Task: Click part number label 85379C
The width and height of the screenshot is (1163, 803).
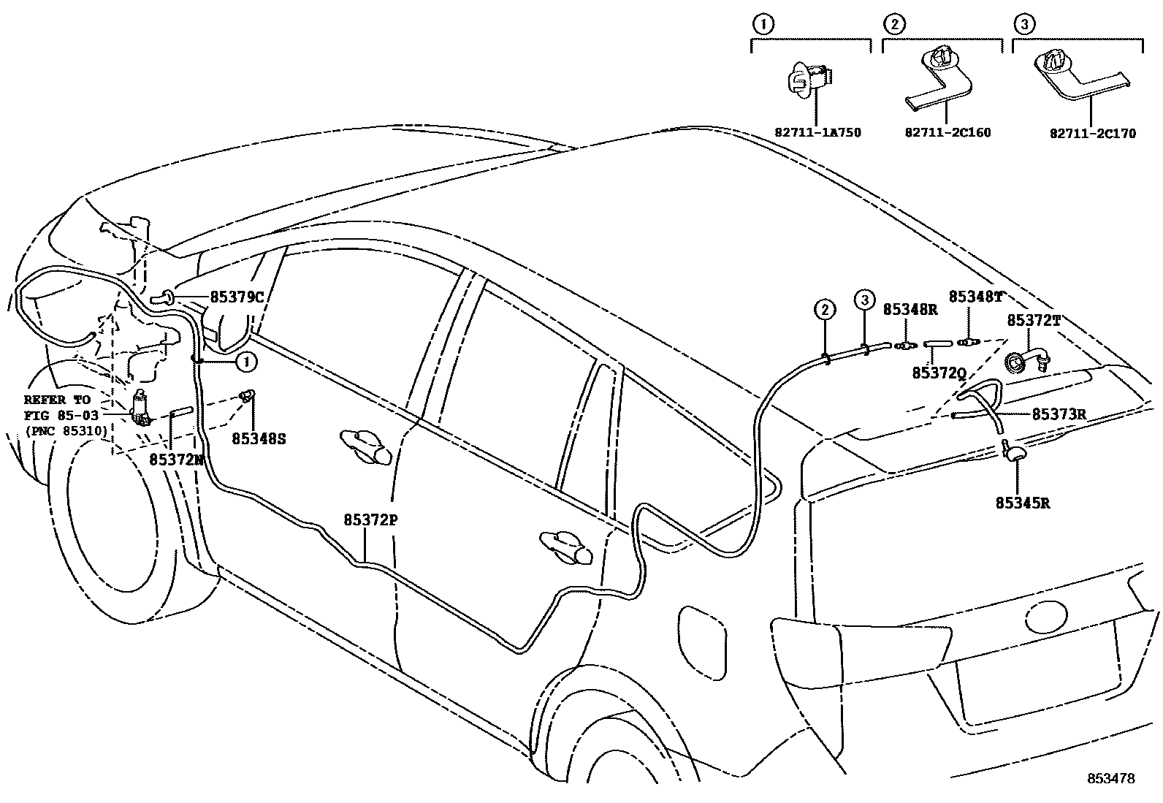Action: [236, 297]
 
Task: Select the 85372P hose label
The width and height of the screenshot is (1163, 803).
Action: [370, 520]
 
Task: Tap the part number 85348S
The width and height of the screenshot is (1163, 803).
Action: [259, 438]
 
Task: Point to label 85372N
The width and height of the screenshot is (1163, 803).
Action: [175, 459]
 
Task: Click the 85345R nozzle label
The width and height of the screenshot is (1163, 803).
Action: [1023, 503]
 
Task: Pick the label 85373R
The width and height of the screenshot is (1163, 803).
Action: [1059, 414]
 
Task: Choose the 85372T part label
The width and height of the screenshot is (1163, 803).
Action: [1034, 320]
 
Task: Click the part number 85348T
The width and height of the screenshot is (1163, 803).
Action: [975, 297]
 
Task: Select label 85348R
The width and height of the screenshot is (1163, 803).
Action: [910, 309]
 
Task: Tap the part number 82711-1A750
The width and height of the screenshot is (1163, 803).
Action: [817, 133]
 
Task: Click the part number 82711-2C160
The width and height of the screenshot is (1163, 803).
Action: [947, 133]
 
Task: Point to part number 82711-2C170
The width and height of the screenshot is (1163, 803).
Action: [1093, 134]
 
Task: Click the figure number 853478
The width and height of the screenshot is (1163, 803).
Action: [1110, 779]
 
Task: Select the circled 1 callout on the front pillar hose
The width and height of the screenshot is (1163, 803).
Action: [246, 361]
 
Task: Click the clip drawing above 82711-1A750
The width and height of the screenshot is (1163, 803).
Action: [809, 80]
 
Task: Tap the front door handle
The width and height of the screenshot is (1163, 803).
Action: [366, 446]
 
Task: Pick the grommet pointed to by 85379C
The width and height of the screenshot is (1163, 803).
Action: [166, 297]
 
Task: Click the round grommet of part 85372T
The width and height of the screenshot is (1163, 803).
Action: [1014, 362]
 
